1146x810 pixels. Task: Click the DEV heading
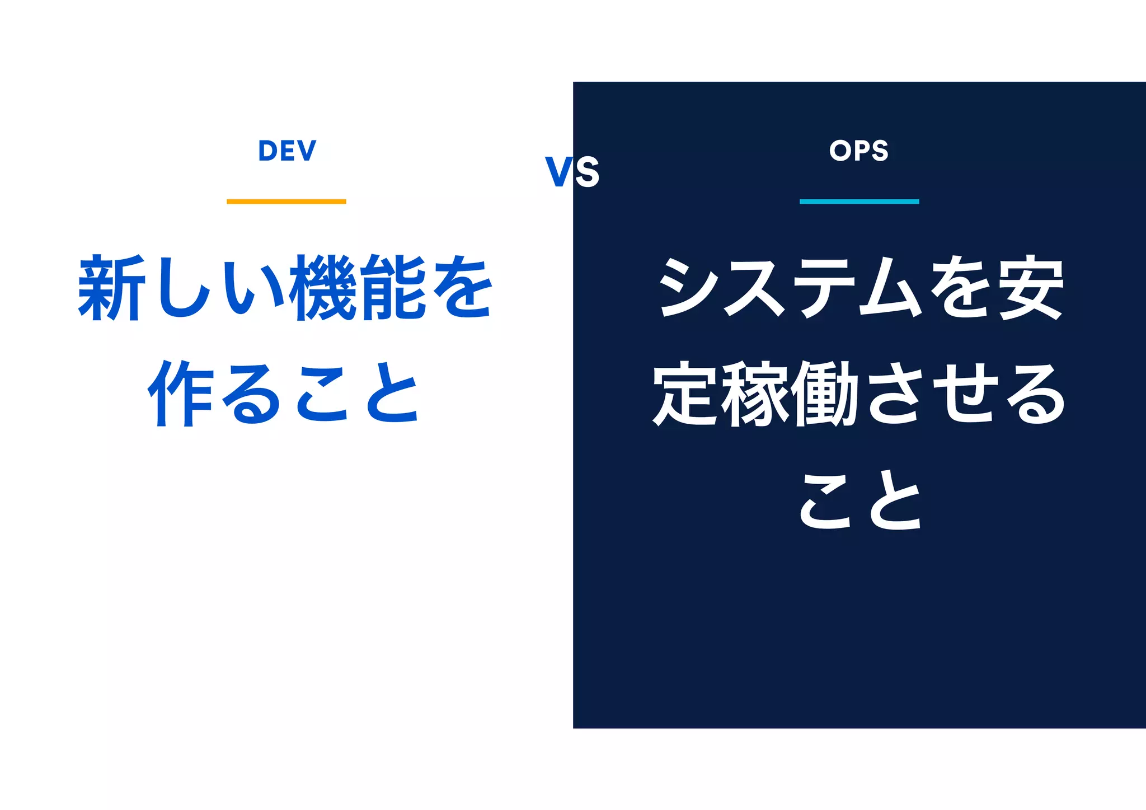coord(287,151)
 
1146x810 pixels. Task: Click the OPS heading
coord(859,151)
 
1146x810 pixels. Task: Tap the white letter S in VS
coord(587,172)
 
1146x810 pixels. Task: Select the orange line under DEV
coord(286,202)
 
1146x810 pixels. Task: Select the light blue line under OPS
coord(859,202)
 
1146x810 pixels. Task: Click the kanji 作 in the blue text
coord(181,394)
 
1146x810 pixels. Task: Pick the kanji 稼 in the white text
coord(756,394)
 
